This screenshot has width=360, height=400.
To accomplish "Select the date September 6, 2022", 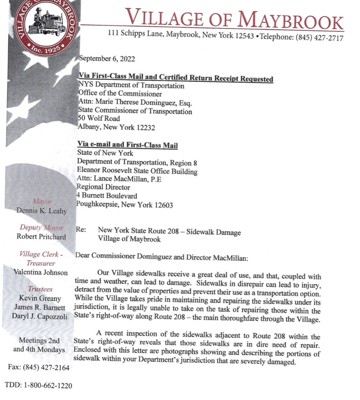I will point(107,59).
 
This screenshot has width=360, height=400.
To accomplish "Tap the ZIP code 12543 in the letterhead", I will point(244,36).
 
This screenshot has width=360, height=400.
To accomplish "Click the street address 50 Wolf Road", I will point(99,118).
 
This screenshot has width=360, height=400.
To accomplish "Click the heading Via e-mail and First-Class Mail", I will point(127,145).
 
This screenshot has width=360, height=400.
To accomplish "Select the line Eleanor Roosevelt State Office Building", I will point(137,171).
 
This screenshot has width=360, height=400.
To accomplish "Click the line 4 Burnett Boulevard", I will point(107,195).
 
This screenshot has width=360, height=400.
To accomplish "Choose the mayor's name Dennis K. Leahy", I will point(42,211).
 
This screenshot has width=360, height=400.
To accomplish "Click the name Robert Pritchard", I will point(41,237).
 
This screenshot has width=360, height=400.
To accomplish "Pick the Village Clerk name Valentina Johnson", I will point(41,272).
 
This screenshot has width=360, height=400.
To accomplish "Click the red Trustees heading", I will point(40,289).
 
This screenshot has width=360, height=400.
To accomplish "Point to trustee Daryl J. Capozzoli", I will point(40,316).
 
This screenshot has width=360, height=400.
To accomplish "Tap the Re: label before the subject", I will point(81,229).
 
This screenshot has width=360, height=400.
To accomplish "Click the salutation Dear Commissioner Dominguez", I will point(128,256).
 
